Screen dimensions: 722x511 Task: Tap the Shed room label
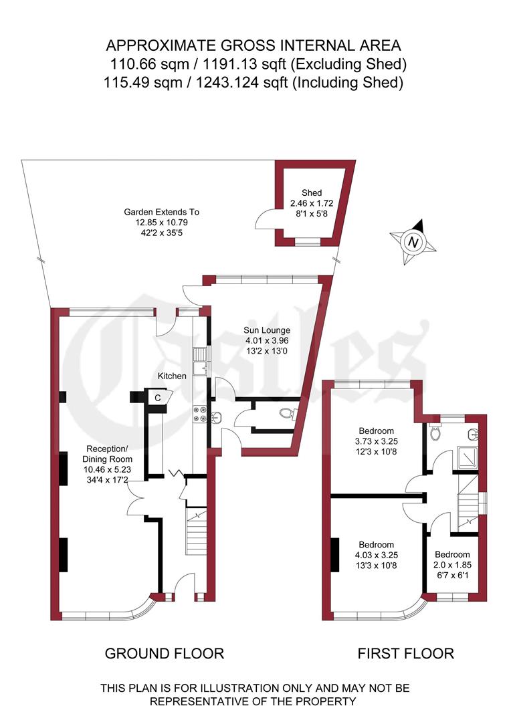(311, 193)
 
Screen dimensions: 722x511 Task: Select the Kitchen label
(172, 376)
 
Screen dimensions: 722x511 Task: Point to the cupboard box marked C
(158, 397)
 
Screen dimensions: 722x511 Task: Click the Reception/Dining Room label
(108, 454)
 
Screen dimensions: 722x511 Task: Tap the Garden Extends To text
(161, 212)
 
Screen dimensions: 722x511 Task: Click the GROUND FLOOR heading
(165, 653)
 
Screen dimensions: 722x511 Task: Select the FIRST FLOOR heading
(405, 653)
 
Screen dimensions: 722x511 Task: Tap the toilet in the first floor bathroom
(436, 433)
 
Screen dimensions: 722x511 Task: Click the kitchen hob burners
(199, 414)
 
